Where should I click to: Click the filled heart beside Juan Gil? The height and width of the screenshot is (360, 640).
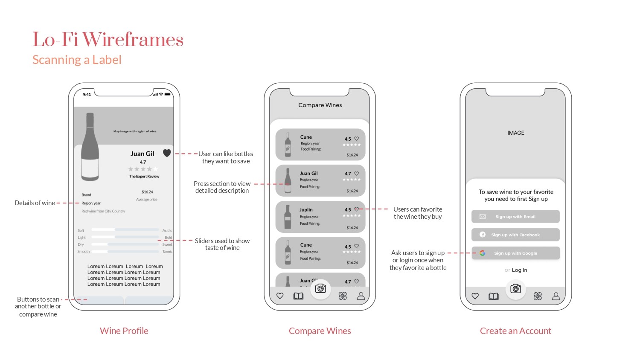coord(167,153)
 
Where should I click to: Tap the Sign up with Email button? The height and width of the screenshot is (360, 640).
coord(515,217)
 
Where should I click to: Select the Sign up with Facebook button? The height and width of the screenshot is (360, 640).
coord(515,235)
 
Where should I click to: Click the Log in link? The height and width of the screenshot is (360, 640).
coord(519,270)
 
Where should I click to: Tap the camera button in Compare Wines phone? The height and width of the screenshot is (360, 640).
coord(320,289)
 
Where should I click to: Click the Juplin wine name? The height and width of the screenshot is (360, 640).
coord(306,210)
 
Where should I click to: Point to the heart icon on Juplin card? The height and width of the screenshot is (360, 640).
coord(356,209)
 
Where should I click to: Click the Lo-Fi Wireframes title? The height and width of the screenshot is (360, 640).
coord(108,40)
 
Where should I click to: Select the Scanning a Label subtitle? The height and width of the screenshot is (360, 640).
coord(77,60)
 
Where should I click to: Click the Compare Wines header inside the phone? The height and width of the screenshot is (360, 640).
coord(320,105)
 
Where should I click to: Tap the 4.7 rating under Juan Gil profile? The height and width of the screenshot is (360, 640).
coord(143,162)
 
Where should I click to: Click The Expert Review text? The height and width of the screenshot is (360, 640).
coord(144,176)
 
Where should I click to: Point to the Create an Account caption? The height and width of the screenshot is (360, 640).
coord(515,331)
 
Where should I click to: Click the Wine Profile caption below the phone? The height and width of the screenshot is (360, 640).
coord(124,331)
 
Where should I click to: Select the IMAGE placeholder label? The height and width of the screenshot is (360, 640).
coord(516,133)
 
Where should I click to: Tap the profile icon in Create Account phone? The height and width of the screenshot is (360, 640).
coord(556,296)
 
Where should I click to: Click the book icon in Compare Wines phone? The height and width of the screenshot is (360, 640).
coord(298,296)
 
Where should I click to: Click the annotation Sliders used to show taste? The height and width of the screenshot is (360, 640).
coord(222,244)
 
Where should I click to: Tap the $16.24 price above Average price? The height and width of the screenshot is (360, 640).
coord(147,192)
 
